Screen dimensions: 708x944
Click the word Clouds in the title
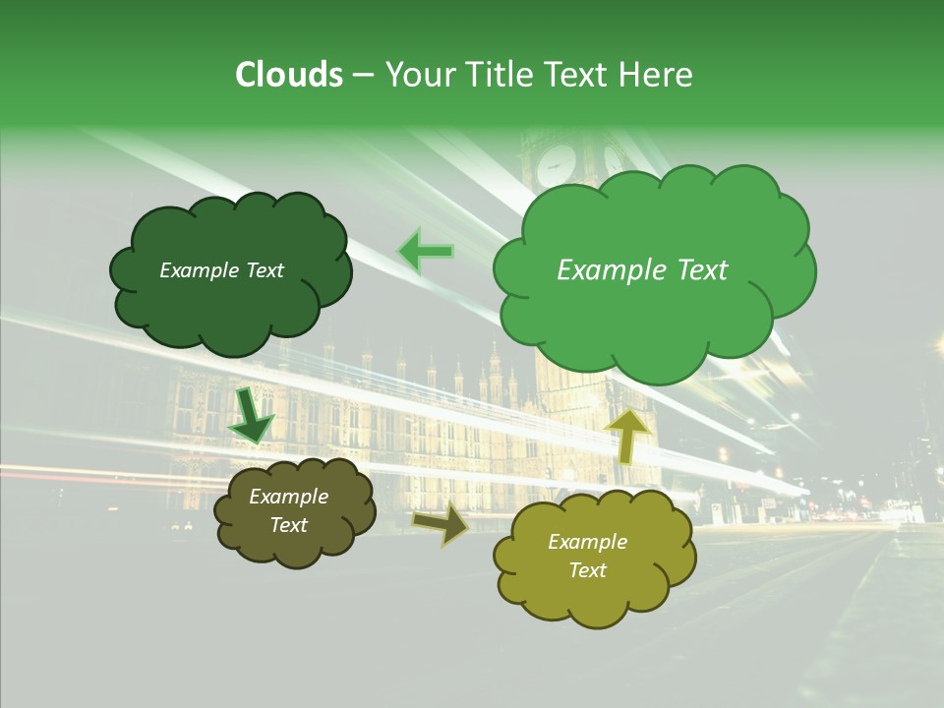[x=289, y=75]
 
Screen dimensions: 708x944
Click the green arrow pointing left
[x=426, y=252]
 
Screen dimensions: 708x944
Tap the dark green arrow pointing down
[x=251, y=416]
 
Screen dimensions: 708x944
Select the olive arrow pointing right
[x=442, y=525]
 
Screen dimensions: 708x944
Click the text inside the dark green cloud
[x=221, y=270]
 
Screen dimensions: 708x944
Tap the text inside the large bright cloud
[x=642, y=270]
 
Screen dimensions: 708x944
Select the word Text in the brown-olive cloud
[x=289, y=525]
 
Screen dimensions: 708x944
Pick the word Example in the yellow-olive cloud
[x=587, y=542]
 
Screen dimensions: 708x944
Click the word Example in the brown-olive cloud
[x=289, y=497]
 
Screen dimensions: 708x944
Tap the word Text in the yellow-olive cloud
[x=587, y=570]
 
